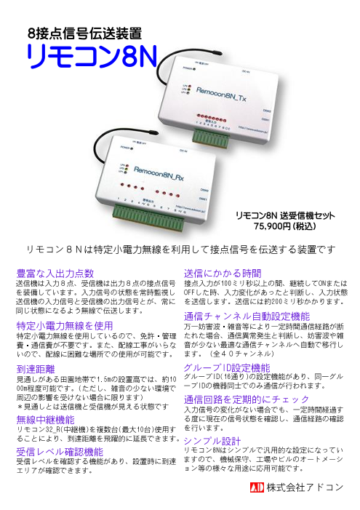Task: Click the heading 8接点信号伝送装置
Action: pos(84,32)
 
